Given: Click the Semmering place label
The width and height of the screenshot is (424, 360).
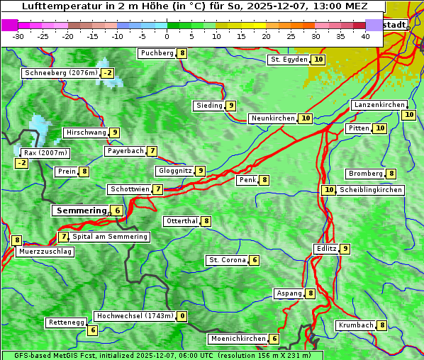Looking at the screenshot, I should pyautogui.click(x=79, y=210).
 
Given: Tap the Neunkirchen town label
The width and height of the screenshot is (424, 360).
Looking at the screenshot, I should pyautogui.click(x=272, y=118).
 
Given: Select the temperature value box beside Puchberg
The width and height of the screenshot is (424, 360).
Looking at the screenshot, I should pyautogui.click(x=182, y=53).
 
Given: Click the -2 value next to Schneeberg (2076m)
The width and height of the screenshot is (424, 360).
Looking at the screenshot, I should pyautogui.click(x=108, y=73).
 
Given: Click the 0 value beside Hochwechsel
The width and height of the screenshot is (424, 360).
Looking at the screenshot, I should pyautogui.click(x=183, y=316).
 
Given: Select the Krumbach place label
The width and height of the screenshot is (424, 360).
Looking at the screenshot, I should pyautogui.click(x=355, y=325).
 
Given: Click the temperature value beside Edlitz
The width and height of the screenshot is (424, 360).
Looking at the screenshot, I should pyautogui.click(x=345, y=249).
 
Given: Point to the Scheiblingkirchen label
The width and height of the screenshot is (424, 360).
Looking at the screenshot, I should pyautogui.click(x=371, y=190).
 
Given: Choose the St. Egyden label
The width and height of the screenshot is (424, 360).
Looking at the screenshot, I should pyautogui.click(x=289, y=60).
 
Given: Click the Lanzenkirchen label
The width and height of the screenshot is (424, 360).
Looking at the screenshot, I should pyautogui.click(x=379, y=105).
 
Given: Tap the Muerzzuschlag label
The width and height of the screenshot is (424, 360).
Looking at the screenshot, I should pyautogui.click(x=45, y=252).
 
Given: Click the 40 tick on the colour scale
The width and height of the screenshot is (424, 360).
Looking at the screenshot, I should pyautogui.click(x=365, y=36).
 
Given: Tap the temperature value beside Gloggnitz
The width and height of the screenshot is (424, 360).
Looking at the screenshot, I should pyautogui.click(x=201, y=171).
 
